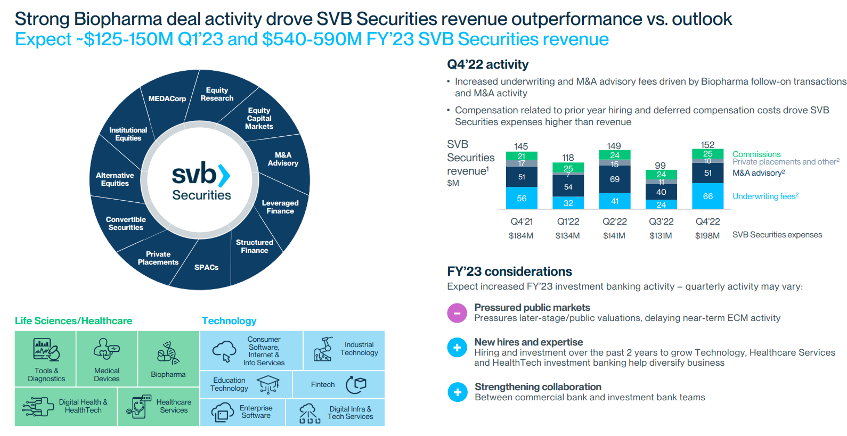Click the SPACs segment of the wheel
pyautogui.click(x=206, y=267)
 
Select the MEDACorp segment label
pyautogui.click(x=167, y=98)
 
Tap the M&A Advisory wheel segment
pyautogui.click(x=283, y=159)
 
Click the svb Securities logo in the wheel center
pyautogui.click(x=201, y=182)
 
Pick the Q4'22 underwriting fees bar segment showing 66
pyautogui.click(x=707, y=196)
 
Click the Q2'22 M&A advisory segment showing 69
pyautogui.click(x=615, y=179)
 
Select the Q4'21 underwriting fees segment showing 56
pyautogui.click(x=522, y=198)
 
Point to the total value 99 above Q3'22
pyautogui.click(x=660, y=166)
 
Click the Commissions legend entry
pyautogui.click(x=756, y=154)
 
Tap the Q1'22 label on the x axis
pyautogui.click(x=568, y=221)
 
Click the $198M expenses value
pyautogui.click(x=707, y=236)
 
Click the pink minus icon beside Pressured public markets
pyautogui.click(x=457, y=313)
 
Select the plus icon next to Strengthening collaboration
pyautogui.click(x=457, y=392)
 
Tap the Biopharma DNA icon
pyautogui.click(x=167, y=353)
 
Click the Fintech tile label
pyautogui.click(x=323, y=384)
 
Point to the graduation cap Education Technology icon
pyautogui.click(x=268, y=384)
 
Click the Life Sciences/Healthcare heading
pyautogui.click(x=74, y=321)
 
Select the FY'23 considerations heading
pyautogui.click(x=509, y=272)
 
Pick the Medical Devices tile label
pyautogui.click(x=107, y=375)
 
